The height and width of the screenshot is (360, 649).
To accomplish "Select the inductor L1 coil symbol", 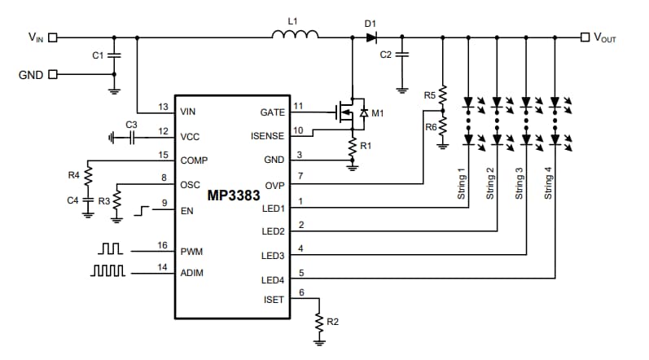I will [x=295, y=35].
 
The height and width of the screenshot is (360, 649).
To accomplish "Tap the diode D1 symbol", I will [x=371, y=37].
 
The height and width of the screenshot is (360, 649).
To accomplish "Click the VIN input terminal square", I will [x=53, y=37].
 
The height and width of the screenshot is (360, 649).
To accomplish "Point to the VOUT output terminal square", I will [x=584, y=37].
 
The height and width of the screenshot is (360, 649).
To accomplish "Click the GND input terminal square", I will [x=53, y=74].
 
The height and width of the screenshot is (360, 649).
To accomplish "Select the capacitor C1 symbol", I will [x=114, y=55].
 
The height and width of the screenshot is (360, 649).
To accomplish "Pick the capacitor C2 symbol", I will [x=401, y=55].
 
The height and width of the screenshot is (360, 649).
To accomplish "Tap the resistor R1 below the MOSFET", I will [x=352, y=147].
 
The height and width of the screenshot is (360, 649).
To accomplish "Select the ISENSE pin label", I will [x=267, y=136].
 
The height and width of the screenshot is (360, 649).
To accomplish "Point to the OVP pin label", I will [x=274, y=184].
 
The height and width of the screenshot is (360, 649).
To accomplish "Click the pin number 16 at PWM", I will [x=164, y=245].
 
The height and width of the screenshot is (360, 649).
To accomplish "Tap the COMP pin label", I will [x=194, y=160].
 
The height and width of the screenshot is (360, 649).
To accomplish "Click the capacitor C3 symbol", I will [x=130, y=137].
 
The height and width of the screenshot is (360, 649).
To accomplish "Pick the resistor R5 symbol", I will [x=442, y=96].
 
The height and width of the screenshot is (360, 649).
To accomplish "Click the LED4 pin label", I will [x=272, y=279].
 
